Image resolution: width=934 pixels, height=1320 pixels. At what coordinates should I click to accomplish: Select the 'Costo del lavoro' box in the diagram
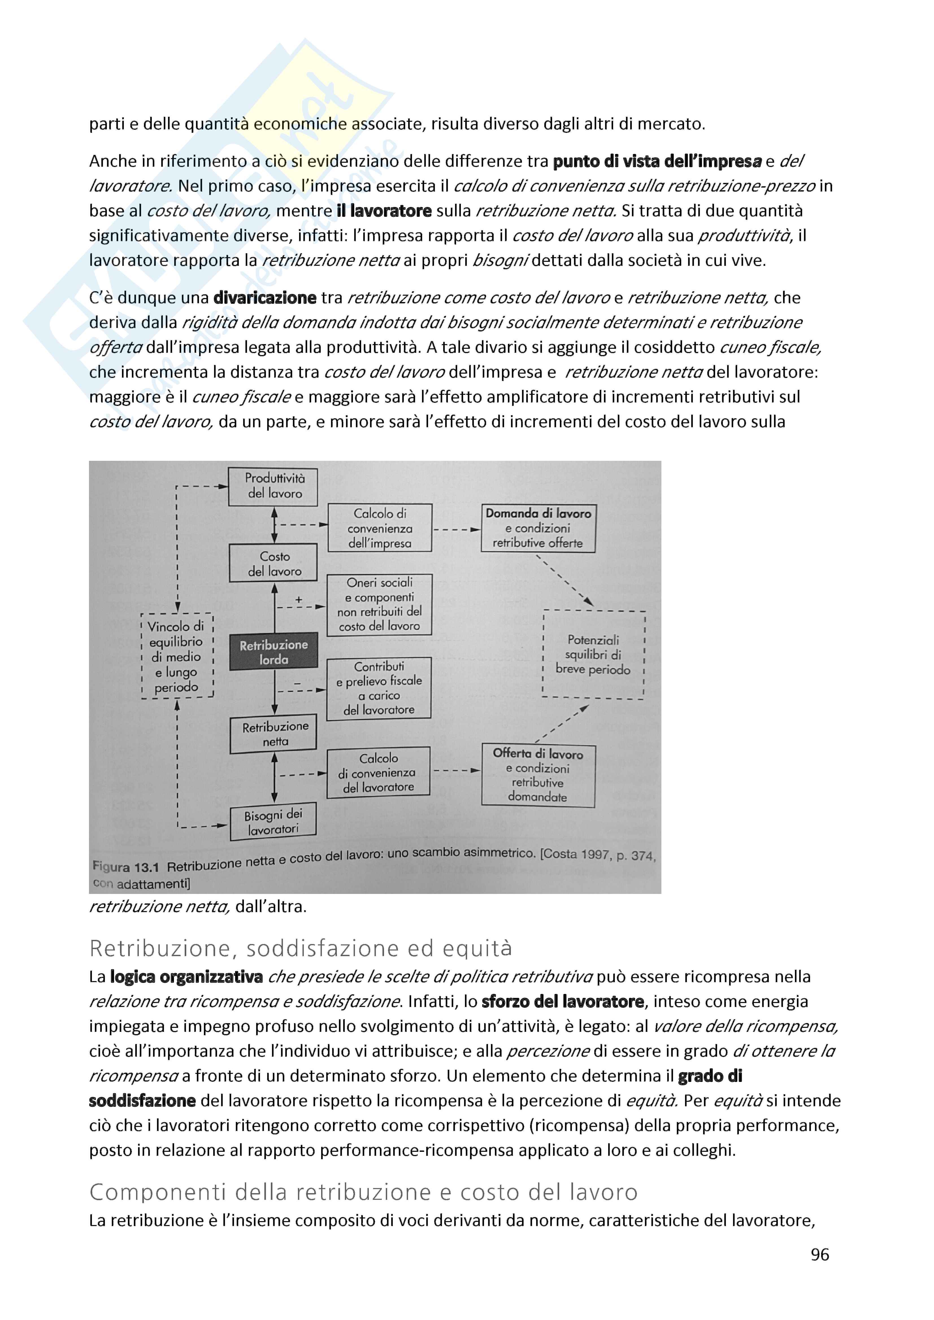[274, 563]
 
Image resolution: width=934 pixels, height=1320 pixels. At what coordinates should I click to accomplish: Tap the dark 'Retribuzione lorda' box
[274, 652]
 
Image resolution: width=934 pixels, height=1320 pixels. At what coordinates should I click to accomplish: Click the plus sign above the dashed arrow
[299, 599]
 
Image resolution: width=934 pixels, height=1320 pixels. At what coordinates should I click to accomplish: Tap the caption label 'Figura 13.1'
[125, 867]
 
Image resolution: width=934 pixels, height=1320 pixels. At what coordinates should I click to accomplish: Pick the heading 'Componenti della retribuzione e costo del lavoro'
[364, 1192]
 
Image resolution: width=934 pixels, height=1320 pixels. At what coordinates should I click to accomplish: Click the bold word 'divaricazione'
[264, 298]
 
